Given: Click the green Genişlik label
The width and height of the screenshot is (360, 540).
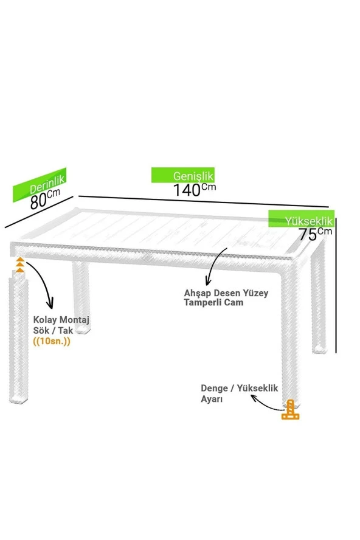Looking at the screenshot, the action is [183, 175].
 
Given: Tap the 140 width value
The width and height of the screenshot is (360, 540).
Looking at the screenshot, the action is [187, 190].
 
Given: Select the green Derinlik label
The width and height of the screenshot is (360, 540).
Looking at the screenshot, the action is [40, 185].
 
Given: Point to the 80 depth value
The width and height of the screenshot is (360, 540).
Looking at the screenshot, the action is [38, 202].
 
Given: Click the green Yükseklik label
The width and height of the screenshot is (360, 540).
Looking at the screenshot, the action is [302, 219].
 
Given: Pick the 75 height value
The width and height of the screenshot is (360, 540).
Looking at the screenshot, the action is [308, 235].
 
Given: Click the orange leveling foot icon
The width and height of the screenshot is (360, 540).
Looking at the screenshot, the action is [291, 410].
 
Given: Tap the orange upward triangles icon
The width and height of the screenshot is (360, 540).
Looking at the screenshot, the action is [20, 265].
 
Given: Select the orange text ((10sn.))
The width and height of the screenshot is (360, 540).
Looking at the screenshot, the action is [52, 341].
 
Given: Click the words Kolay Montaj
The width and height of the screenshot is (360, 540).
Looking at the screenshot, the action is [61, 320].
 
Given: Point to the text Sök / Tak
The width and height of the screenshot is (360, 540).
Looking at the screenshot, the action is [53, 331].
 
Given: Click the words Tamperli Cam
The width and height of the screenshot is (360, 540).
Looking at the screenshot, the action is [213, 302].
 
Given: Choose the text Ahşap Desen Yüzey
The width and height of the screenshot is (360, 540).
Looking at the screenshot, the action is [226, 293].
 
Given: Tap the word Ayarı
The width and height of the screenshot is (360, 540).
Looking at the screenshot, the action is [212, 400].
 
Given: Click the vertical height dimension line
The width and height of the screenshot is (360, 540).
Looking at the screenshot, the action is [336, 285].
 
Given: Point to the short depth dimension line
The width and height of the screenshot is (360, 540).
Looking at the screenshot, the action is [39, 212].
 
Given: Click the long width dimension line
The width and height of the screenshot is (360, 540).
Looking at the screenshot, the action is [204, 202].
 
